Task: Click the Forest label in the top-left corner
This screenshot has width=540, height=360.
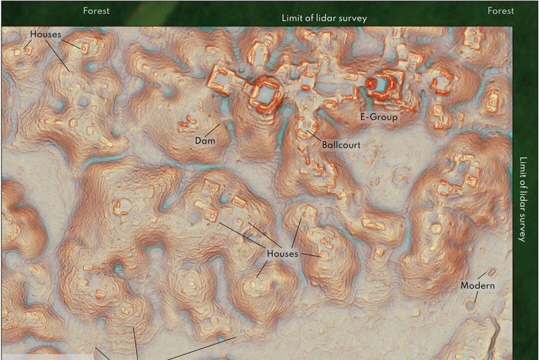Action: (x=96, y=10)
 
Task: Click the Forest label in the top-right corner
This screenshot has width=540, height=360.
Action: (x=500, y=10)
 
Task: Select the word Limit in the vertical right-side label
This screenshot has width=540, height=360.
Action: (x=523, y=167)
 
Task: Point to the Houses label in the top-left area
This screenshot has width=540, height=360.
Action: (x=45, y=34)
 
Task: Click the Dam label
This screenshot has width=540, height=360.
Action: (x=205, y=141)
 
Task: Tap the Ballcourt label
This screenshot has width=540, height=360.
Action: (x=341, y=145)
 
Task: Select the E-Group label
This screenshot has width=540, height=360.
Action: (x=379, y=117)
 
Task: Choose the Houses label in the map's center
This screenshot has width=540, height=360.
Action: (x=282, y=254)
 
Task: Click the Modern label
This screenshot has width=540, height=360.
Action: (x=477, y=285)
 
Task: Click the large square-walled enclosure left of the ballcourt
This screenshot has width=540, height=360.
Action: (x=264, y=93)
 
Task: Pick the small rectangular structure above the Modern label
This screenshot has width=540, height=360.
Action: (x=491, y=272)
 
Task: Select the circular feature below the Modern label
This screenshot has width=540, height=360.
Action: (x=470, y=303)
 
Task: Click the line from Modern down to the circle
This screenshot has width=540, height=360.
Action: (x=475, y=296)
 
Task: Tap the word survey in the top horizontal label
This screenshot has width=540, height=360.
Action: (x=353, y=18)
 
